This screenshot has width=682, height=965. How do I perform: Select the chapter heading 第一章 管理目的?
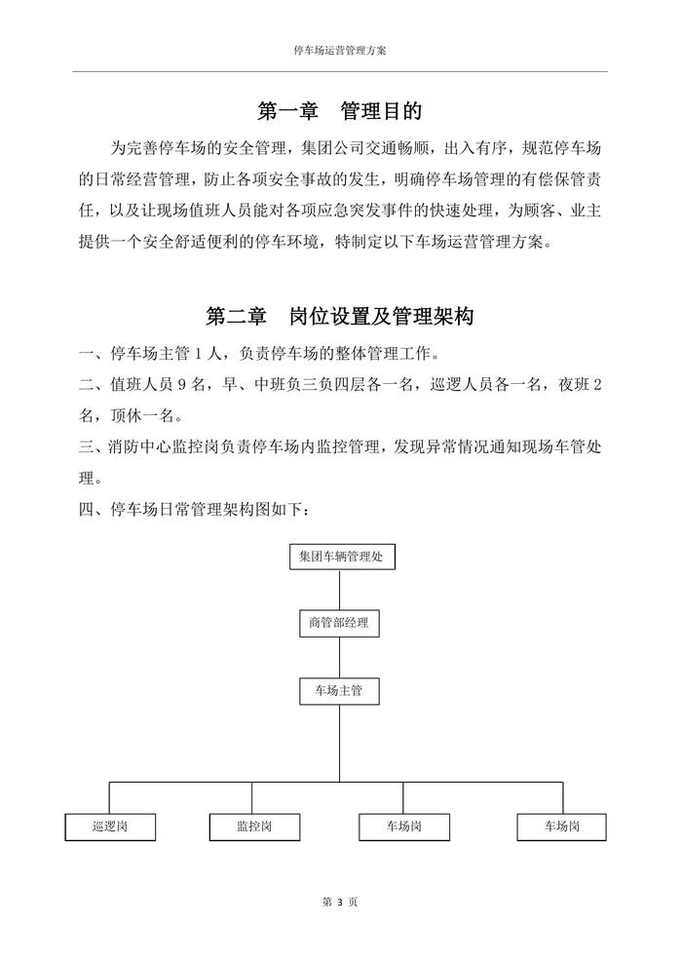[340, 111]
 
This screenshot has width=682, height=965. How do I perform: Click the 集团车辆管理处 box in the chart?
[339, 557]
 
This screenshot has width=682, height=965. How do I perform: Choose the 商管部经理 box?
[339, 623]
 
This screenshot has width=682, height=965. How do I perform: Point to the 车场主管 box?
[339, 691]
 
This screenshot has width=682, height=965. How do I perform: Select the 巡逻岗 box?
[110, 827]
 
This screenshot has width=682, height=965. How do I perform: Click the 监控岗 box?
[254, 827]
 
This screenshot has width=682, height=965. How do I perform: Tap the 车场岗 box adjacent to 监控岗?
[404, 827]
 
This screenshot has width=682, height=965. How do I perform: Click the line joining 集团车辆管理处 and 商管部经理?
[339, 590]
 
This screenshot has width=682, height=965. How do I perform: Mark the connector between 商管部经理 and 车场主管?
[339, 657]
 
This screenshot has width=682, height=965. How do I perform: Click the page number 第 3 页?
[340, 903]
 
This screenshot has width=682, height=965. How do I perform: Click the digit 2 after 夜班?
[597, 384]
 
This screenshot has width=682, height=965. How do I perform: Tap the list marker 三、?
[95, 447]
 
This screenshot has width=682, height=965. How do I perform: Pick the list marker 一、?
[95, 352]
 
